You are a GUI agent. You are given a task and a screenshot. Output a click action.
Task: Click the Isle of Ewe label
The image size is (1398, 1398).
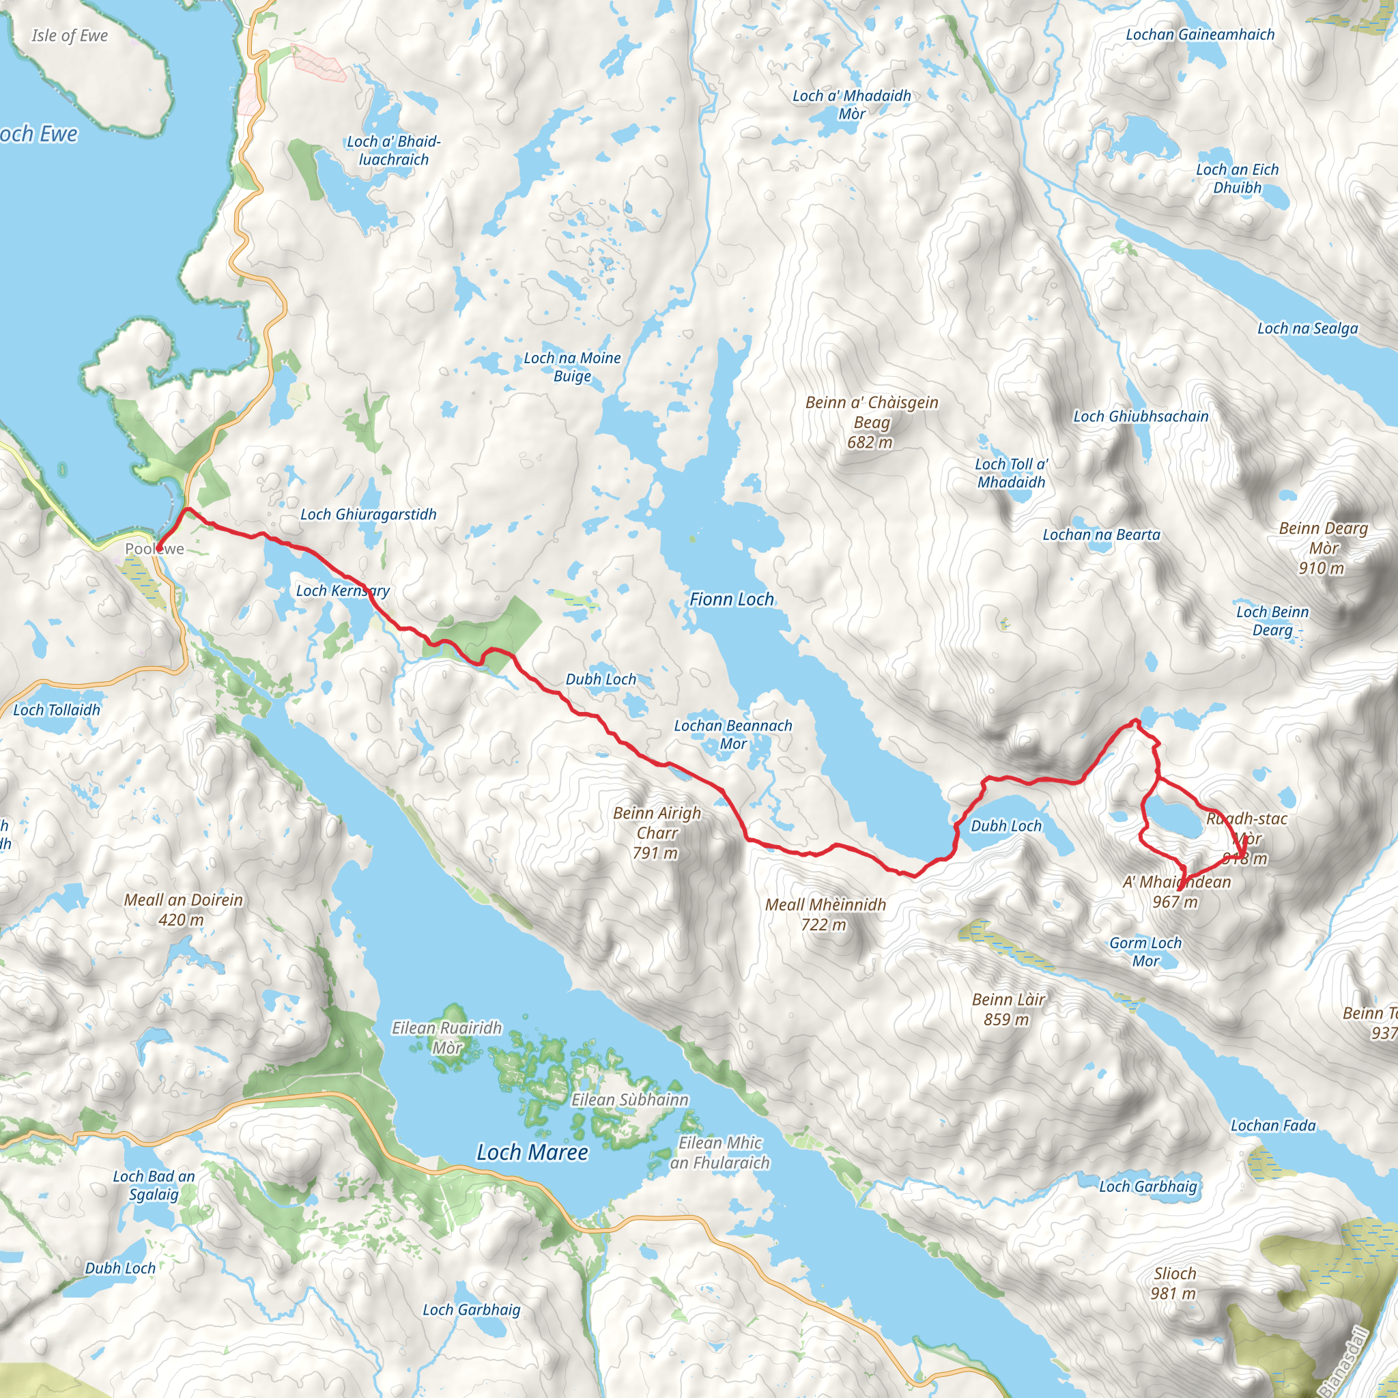coord(70,35)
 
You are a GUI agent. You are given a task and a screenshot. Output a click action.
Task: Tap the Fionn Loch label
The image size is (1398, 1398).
coord(731,599)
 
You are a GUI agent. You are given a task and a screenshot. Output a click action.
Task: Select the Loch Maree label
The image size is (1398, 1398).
coord(532,1152)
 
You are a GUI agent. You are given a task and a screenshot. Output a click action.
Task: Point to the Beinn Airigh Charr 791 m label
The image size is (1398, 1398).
coord(656,833)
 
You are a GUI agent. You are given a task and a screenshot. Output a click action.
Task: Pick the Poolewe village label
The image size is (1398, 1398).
coord(154,549)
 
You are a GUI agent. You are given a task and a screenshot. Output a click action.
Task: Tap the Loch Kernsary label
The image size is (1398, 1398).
coord(342,590)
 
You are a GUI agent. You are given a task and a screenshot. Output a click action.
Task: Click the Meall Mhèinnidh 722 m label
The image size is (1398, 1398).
coord(825,914)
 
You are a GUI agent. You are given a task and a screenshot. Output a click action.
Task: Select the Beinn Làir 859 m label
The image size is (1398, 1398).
coord(1008,1009)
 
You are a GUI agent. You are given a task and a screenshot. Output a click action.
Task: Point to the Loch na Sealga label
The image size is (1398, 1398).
coord(1307,328)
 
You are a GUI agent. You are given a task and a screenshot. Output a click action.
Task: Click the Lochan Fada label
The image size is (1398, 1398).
coord(1273,1125)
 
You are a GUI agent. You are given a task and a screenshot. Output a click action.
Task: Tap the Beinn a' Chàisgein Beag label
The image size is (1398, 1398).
coord(871,422)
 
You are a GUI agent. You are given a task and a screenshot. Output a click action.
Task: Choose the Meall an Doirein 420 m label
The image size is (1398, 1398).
coord(183,909)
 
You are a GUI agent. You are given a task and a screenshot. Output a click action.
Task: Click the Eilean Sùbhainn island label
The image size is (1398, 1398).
coord(629,1100)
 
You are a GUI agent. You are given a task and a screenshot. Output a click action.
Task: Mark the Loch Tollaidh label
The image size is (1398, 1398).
coord(57,710)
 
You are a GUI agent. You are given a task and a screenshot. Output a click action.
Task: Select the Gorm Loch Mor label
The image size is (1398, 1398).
coord(1145,952)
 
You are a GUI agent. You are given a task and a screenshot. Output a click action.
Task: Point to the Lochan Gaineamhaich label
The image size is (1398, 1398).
coord(1200,34)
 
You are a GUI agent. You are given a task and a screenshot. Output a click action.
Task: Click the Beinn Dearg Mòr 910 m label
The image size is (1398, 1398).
coord(1323,547)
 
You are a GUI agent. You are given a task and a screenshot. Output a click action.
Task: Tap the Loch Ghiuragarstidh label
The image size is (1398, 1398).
coord(369,515)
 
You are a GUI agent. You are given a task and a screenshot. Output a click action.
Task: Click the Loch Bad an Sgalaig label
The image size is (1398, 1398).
coord(154,1185)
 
